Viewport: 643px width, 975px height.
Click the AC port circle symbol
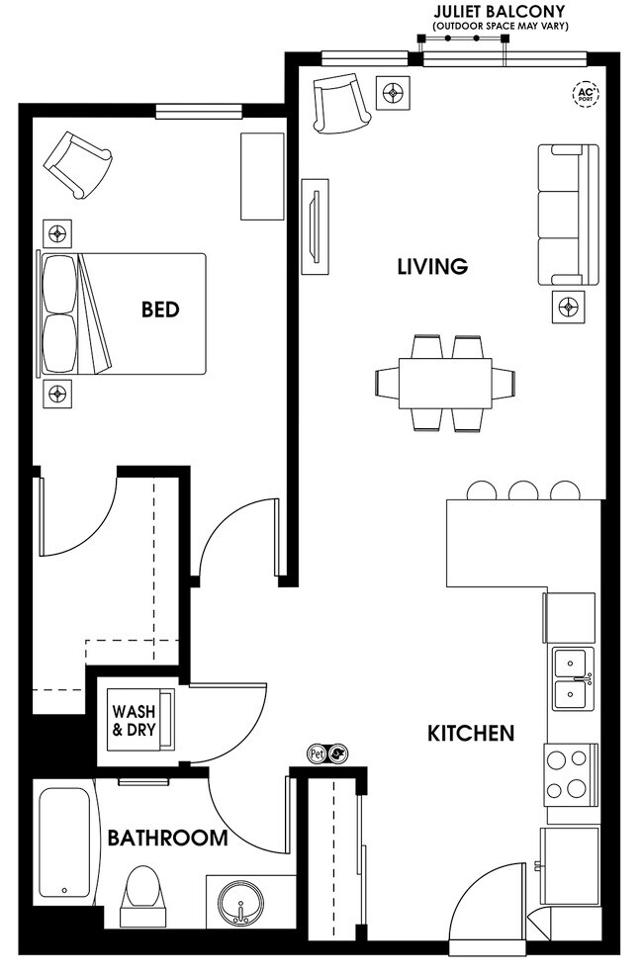[x=587, y=95]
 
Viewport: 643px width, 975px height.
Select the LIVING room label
[x=431, y=266]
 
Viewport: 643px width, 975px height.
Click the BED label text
[x=160, y=310]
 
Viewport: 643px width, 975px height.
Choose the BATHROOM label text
[x=167, y=839]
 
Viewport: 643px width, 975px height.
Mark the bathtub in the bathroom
[x=67, y=843]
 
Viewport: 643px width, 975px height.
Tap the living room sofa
[x=568, y=215]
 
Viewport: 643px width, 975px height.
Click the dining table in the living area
[x=446, y=383]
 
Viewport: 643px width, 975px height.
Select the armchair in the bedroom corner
[x=77, y=162]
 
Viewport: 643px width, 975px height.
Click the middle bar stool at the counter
[x=522, y=490]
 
